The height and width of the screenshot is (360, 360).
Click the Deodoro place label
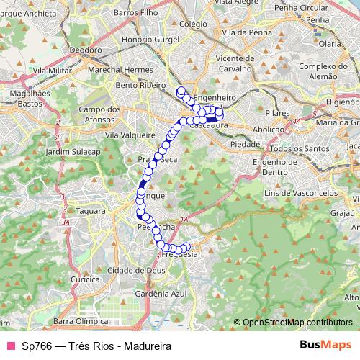pos(86,50)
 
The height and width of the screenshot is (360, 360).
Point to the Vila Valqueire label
pos(130,135)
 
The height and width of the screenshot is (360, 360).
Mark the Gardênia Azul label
pos(161,294)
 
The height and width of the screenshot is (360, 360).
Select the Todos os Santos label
pos(294,148)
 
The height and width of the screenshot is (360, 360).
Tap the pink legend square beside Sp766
pos(11,345)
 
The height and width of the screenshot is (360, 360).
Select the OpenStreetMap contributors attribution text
pos(297,322)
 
